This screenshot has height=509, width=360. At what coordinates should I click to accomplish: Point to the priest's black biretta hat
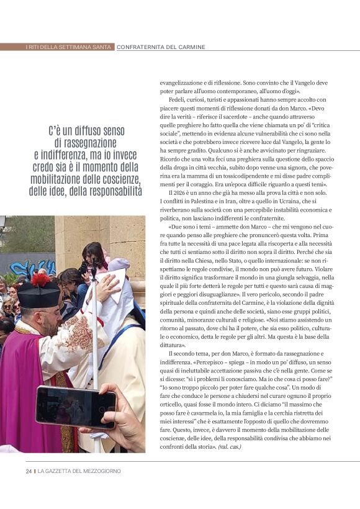click(38, 294)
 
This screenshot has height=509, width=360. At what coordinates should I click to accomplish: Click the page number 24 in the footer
click(29, 471)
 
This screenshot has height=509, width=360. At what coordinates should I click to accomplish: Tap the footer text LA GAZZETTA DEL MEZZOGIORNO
click(79, 471)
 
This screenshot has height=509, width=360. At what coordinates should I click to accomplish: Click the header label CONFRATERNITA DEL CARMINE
click(161, 47)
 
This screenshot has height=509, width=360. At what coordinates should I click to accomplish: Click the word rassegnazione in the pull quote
click(91, 143)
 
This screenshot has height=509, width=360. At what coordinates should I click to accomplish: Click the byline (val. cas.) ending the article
click(230, 446)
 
